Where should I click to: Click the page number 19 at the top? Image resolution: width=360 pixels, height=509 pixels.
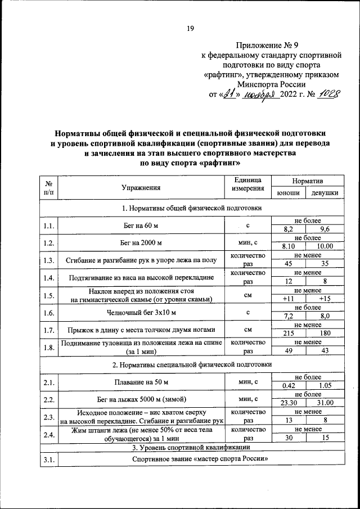pyautogui.click(x=190, y=30)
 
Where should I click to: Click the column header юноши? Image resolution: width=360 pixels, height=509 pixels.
pyautogui.click(x=288, y=193)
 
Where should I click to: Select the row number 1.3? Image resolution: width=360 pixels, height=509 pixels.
pyautogui.click(x=48, y=260)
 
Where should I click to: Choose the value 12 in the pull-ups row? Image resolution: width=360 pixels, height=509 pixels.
pyautogui.click(x=288, y=281)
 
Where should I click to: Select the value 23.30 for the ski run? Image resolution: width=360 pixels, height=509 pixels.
pyautogui.click(x=288, y=403)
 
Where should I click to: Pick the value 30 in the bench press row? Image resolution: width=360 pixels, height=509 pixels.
pyautogui.click(x=288, y=438)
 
